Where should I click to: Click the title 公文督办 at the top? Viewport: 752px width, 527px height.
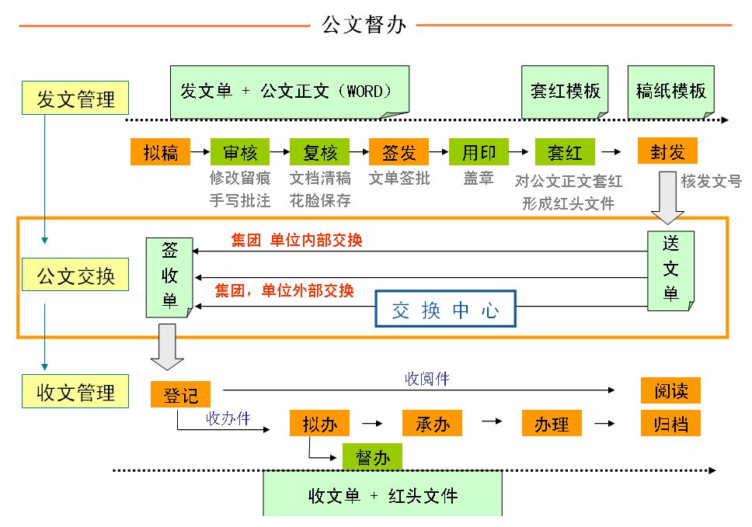(x=364, y=25)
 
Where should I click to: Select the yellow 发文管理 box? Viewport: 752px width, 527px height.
(x=75, y=99)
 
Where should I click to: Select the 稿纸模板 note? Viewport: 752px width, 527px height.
(x=670, y=92)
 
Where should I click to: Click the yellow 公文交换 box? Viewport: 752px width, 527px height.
(x=75, y=276)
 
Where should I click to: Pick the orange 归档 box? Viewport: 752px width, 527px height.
(x=670, y=424)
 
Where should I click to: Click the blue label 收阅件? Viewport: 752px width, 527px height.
(x=426, y=380)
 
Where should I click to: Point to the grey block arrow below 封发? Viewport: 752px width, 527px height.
(x=667, y=197)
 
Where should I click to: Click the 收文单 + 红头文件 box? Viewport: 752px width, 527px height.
(x=382, y=494)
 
